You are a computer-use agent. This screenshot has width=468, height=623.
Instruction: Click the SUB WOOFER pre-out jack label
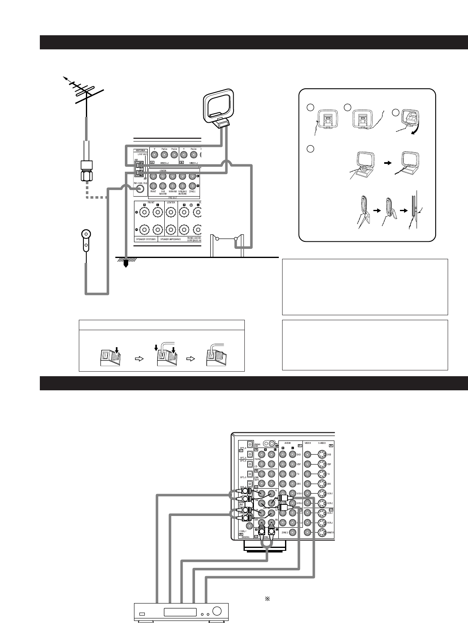coord(166,194)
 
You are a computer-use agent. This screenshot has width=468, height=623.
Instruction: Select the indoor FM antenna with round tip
coord(86,239)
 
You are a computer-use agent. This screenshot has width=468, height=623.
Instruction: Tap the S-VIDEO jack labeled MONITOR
coord(321,532)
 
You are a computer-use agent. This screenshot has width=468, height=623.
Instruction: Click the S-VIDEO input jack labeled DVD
coord(321,455)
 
